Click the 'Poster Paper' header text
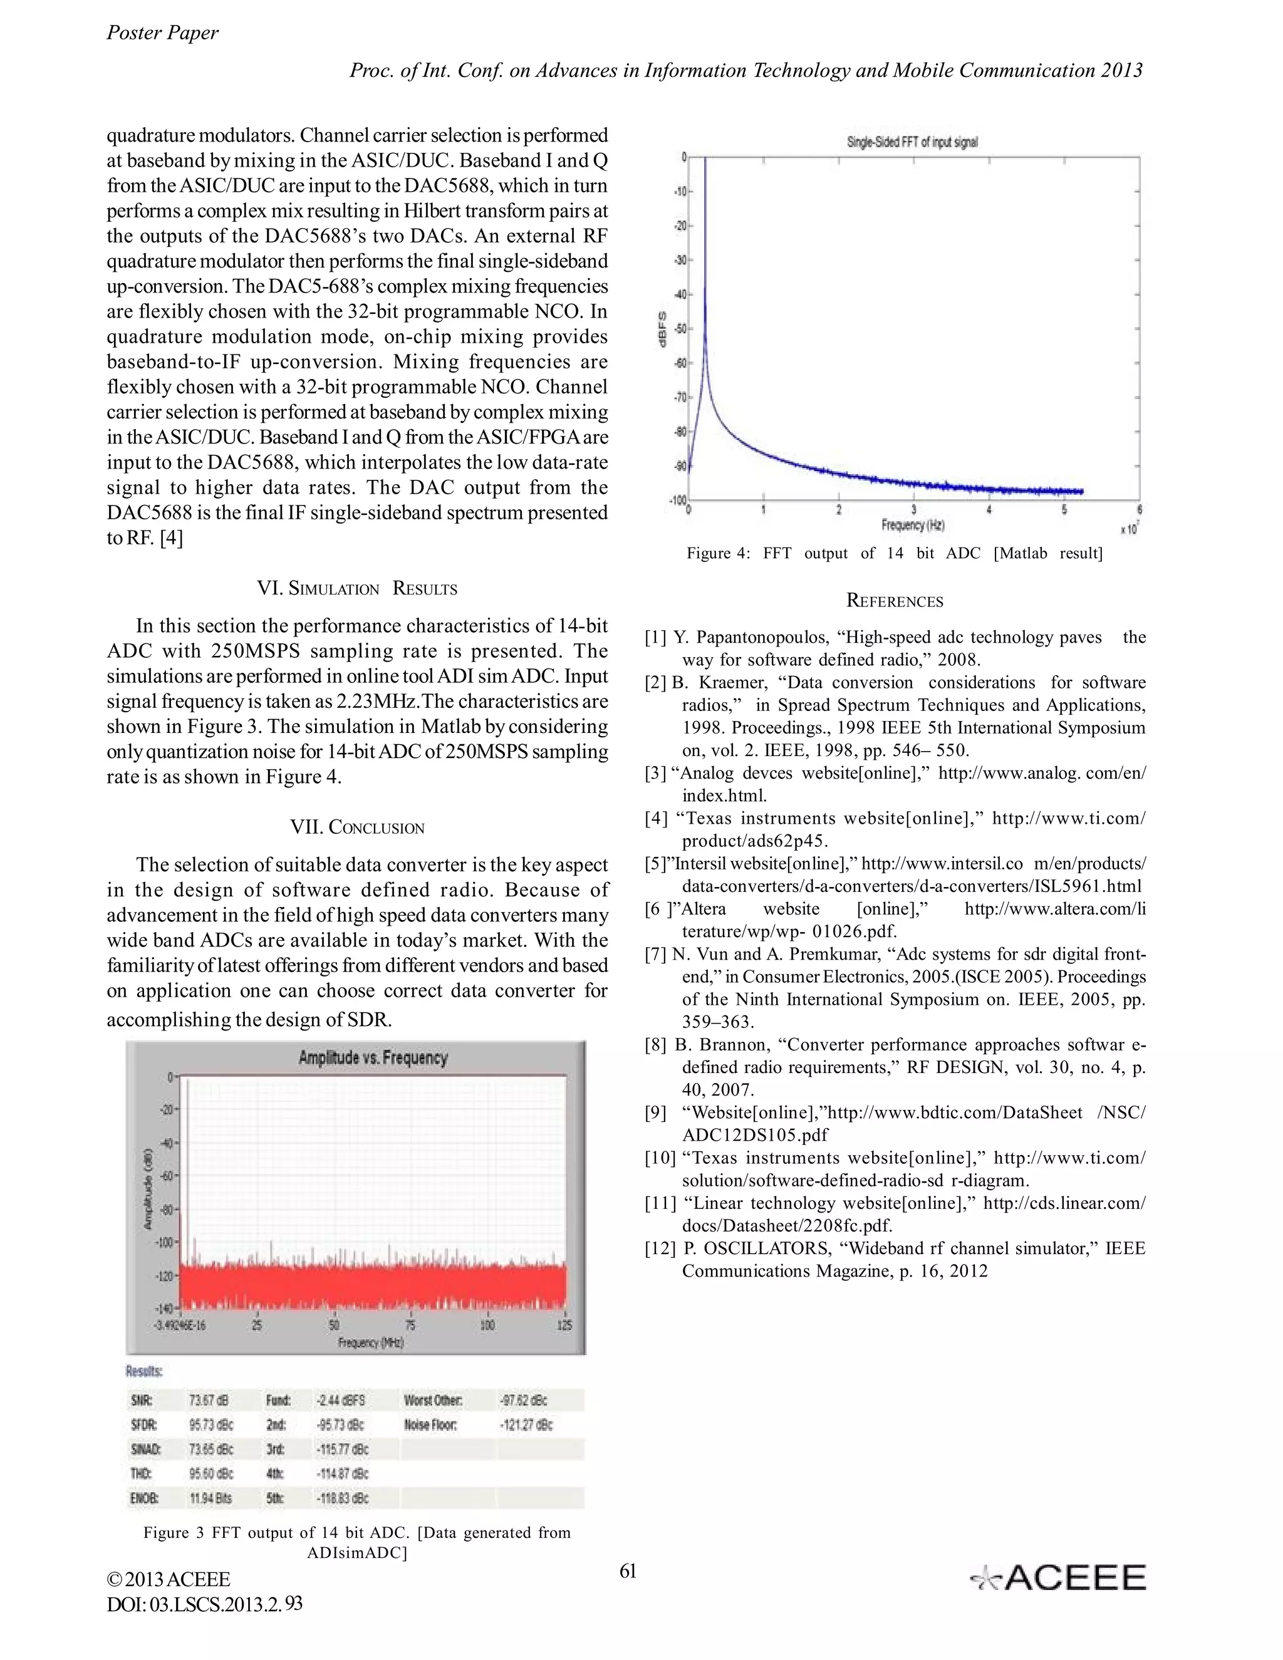coord(162,33)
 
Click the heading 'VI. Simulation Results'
coord(357,589)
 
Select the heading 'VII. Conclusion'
coord(357,827)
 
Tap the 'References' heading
coord(895,601)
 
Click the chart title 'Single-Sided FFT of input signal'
coord(912,142)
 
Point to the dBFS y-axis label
coord(662,329)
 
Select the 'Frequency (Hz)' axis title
coord(912,524)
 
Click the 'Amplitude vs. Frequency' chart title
coord(373,1058)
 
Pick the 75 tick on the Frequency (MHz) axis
coord(410,1325)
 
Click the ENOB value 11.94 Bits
coord(210,1498)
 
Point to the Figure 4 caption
coord(895,553)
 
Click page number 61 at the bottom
coord(628,1571)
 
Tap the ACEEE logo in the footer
coord(1058,1579)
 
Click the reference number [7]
coord(655,955)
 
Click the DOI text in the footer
coord(204,1604)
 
